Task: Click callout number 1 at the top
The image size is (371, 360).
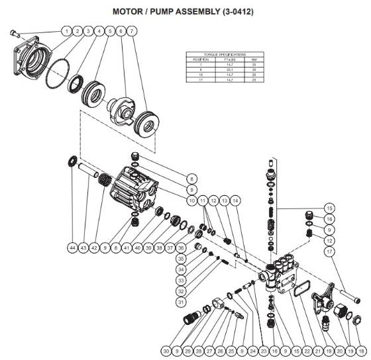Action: (67, 31)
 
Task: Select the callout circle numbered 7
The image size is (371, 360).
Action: (132, 31)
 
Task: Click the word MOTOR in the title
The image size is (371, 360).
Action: (129, 11)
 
